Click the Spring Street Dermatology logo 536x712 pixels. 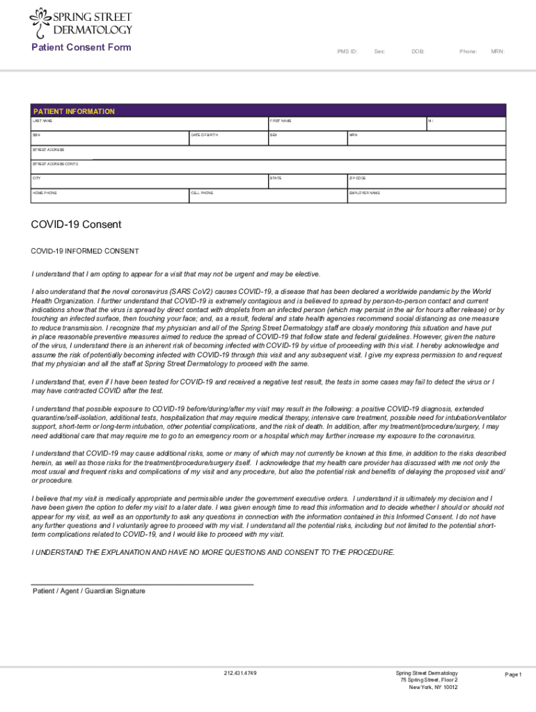[81, 23]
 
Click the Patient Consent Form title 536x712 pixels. [81, 48]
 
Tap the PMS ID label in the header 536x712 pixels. [347, 51]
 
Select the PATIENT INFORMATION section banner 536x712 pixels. [269, 111]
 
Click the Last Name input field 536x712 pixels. [149, 125]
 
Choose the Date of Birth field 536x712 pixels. [228, 140]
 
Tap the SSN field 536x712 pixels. [109, 140]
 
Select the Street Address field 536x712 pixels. [269, 154]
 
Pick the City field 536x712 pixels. [149, 182]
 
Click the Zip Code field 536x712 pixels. [427, 182]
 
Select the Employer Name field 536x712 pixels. [427, 197]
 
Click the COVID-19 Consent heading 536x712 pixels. [76, 225]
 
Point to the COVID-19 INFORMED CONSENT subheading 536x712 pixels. [85, 251]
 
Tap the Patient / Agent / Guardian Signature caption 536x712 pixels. [89, 591]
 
